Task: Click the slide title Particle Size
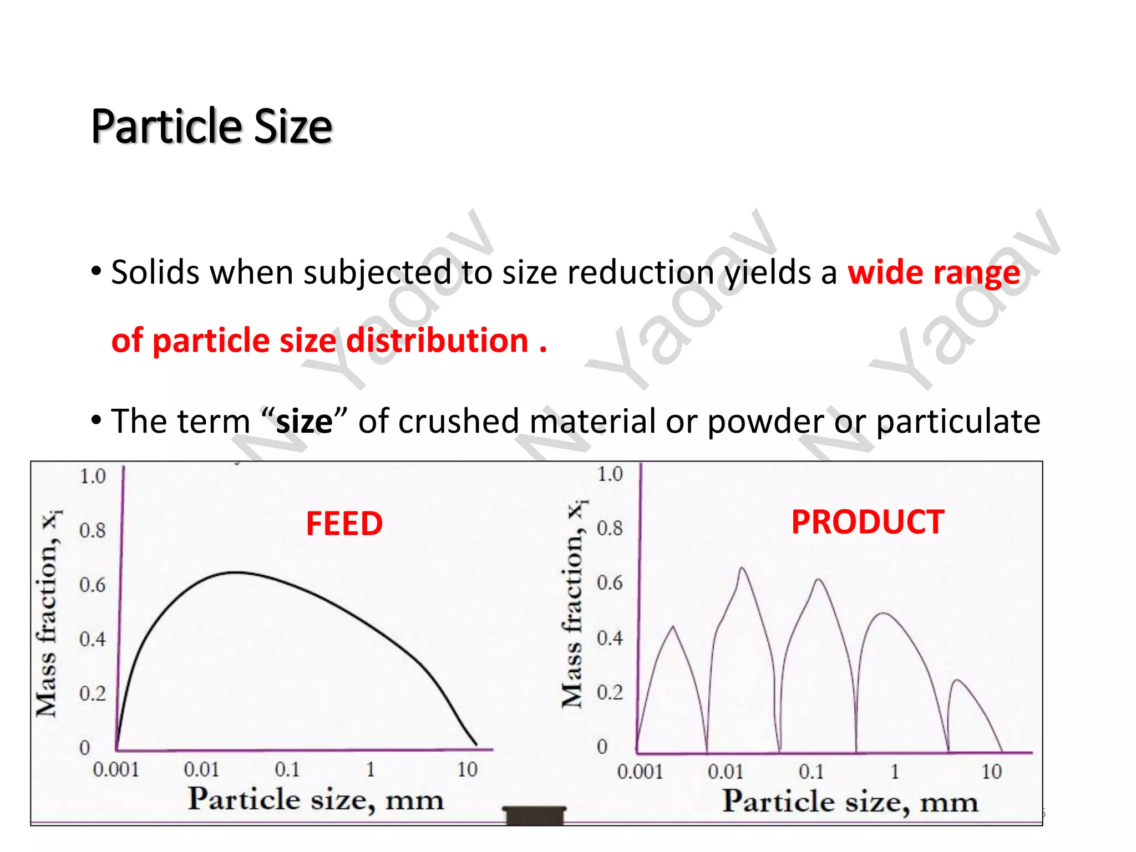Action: tap(211, 126)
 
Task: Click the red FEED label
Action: tap(344, 524)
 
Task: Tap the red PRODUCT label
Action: tap(867, 522)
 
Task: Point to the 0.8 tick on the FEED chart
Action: tap(92, 531)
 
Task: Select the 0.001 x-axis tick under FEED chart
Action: tap(115, 769)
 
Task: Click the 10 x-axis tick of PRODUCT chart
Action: tap(991, 772)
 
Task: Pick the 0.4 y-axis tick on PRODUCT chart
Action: tap(609, 638)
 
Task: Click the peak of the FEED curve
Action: tap(236, 572)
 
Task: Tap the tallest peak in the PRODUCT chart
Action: tap(742, 568)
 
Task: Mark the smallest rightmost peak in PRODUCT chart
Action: tap(956, 680)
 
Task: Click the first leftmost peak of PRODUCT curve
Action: tap(673, 627)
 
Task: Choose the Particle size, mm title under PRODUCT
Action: tap(849, 802)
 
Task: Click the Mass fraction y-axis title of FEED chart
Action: tap(48, 613)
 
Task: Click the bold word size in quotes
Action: tap(304, 421)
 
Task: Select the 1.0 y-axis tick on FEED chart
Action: tap(92, 476)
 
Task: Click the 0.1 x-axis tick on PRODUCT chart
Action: tap(810, 772)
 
